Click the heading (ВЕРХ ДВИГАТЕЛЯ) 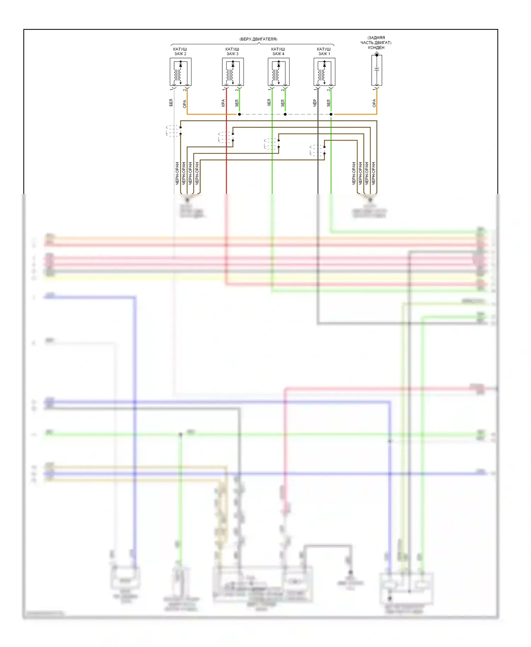tap(258, 39)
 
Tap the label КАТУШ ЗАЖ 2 tap(180, 51)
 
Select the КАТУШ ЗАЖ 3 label tap(232, 51)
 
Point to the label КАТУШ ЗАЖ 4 tap(278, 51)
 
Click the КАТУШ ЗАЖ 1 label tap(324, 51)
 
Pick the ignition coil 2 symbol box tap(181, 72)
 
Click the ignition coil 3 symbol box tap(233, 72)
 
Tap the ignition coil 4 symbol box tap(279, 72)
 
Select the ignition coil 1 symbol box tap(324, 72)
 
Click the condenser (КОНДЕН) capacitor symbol tap(377, 70)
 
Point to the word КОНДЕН tap(376, 47)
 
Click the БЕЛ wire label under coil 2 tap(171, 103)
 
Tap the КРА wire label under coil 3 tap(223, 103)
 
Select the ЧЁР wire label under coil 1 tap(315, 103)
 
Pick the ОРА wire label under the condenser tap(374, 103)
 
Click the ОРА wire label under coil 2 tap(184, 104)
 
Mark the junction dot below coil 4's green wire tap(285, 114)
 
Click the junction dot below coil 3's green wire tap(239, 114)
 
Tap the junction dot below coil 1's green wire tap(331, 114)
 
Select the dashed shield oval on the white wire tap(173, 131)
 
